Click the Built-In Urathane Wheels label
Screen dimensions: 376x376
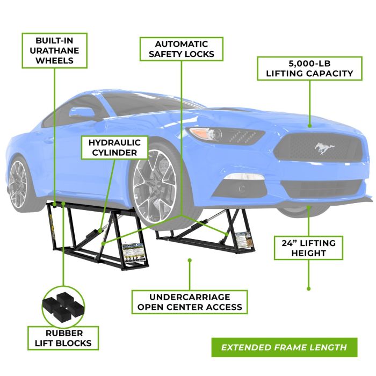click(55, 50)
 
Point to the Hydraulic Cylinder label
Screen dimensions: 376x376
click(111, 147)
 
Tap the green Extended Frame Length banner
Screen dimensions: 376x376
click(284, 347)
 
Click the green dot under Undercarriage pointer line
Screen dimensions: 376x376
click(190, 261)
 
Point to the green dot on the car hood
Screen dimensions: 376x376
click(309, 125)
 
